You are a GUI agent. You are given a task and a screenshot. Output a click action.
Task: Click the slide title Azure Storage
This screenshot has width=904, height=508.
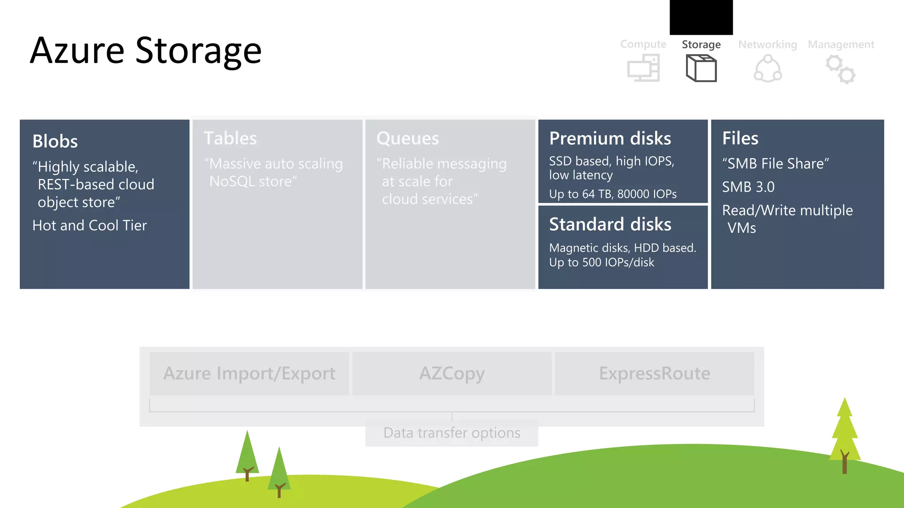click(x=146, y=51)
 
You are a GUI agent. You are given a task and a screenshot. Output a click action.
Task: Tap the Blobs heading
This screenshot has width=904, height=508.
click(x=55, y=142)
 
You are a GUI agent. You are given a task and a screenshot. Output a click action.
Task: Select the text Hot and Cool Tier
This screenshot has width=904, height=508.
click(x=90, y=225)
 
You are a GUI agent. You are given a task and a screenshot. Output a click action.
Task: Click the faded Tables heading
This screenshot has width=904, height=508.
click(x=230, y=138)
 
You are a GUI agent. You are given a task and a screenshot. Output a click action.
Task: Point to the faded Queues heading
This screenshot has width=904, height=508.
click(x=407, y=138)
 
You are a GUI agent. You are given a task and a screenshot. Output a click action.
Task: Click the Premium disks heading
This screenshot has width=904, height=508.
click(x=610, y=138)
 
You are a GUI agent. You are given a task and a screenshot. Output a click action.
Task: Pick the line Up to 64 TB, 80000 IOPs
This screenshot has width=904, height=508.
click(x=613, y=194)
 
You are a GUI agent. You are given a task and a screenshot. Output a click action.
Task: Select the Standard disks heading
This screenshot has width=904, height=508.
click(x=610, y=224)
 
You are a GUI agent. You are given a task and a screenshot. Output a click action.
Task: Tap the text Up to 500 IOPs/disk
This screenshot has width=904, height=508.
click(x=602, y=262)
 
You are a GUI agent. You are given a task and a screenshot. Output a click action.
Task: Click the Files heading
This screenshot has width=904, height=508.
click(x=740, y=138)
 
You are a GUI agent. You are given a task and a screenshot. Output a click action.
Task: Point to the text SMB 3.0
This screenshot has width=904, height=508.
click(x=748, y=187)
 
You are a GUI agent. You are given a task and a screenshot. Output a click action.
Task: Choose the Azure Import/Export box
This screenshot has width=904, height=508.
click(x=249, y=374)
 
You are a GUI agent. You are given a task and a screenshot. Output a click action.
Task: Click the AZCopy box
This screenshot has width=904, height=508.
click(x=452, y=374)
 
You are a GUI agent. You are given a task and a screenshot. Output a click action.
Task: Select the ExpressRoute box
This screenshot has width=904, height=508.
click(x=655, y=374)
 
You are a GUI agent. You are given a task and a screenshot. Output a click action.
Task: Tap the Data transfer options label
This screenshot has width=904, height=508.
click(x=452, y=433)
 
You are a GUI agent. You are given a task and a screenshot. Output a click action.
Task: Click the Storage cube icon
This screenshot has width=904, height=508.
click(x=701, y=68)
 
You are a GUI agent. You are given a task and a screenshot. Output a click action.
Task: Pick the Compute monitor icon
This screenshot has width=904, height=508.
click(x=644, y=68)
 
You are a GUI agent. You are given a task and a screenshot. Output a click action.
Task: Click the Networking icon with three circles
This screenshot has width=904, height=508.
click(x=768, y=69)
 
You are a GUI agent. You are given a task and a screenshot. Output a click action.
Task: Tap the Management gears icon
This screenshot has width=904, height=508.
click(x=841, y=69)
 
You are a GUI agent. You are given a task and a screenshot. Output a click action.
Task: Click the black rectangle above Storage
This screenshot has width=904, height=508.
click(x=701, y=17)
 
